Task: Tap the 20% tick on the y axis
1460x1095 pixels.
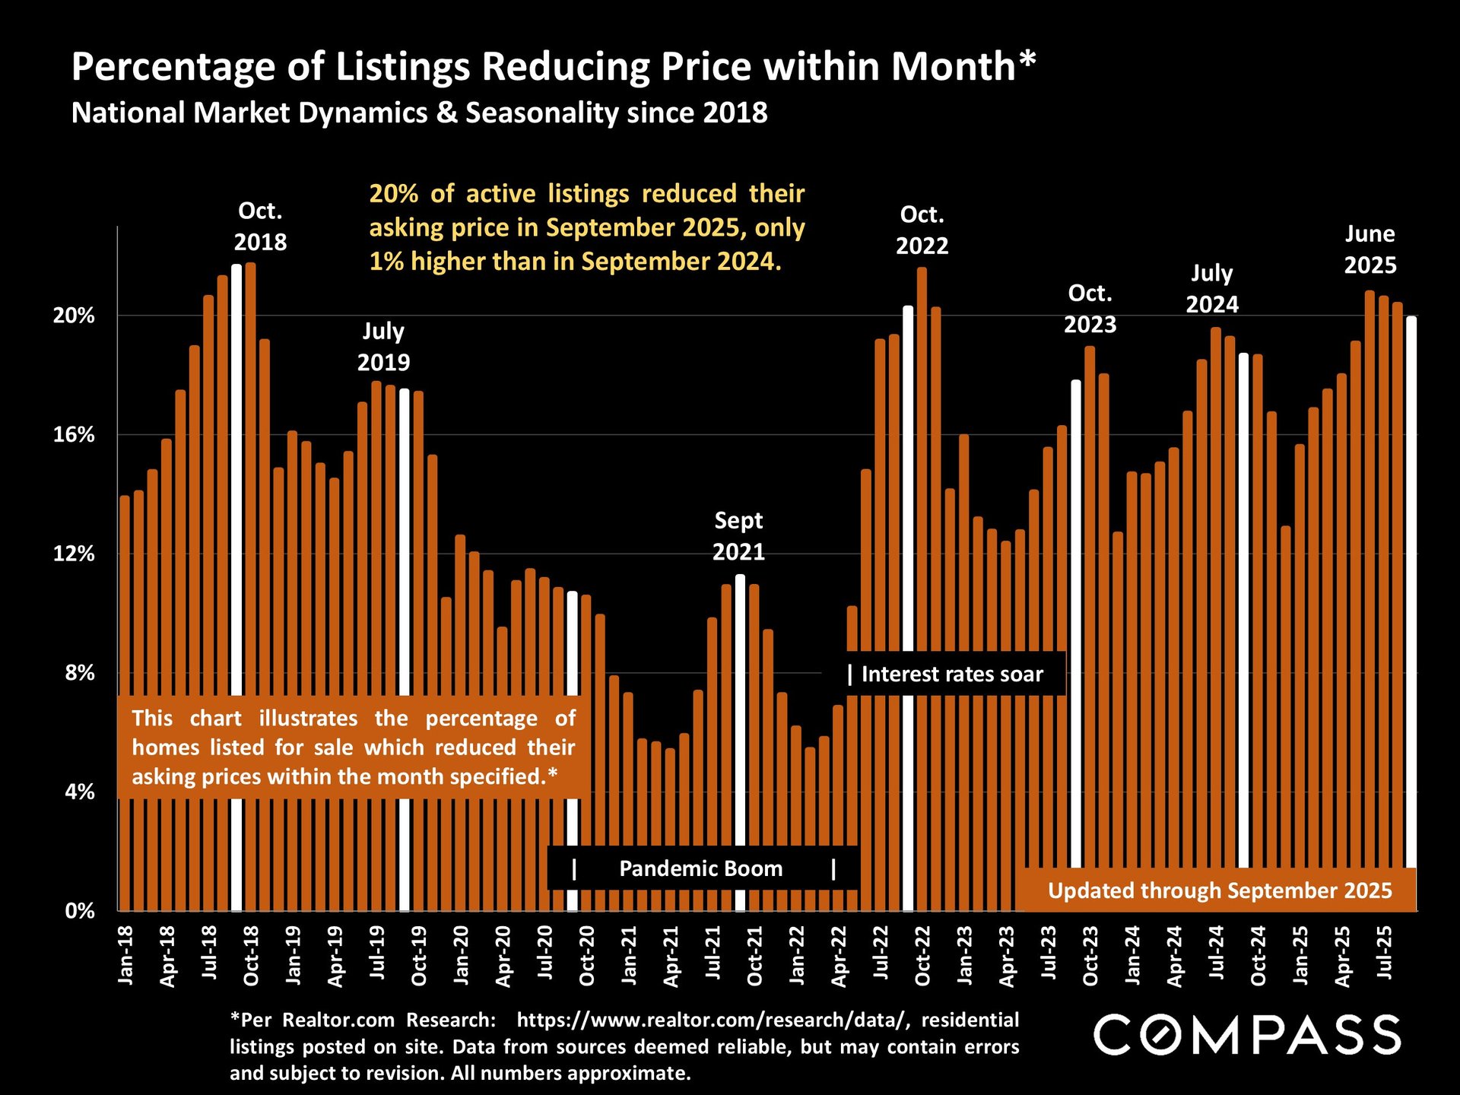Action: tap(74, 316)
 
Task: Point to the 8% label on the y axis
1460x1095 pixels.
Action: tap(79, 673)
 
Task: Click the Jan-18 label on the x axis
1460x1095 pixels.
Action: tap(125, 955)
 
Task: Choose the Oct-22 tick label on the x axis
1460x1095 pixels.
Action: tap(922, 956)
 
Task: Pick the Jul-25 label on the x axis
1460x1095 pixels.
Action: tap(1385, 952)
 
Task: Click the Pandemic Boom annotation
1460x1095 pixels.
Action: tap(700, 868)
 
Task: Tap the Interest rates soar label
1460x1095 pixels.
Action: tap(951, 674)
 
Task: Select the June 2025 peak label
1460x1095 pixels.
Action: tap(1370, 249)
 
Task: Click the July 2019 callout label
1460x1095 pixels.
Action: tap(383, 347)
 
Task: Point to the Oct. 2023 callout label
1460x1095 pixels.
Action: tap(1090, 309)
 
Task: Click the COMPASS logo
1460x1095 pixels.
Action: tap(1247, 1035)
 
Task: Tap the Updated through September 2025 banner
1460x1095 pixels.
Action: tap(1220, 890)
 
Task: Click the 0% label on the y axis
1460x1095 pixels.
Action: tap(79, 911)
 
